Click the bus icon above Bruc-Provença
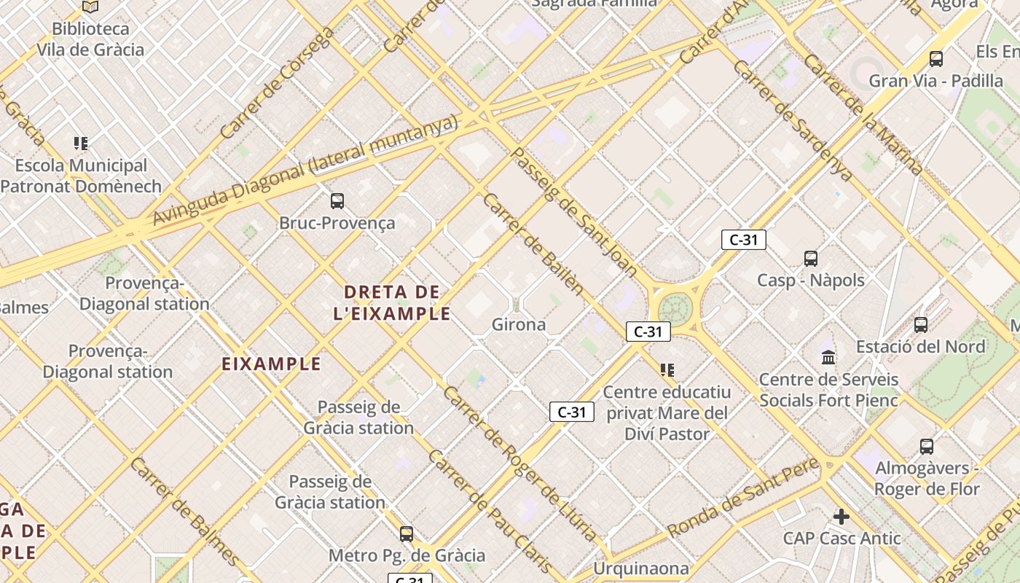tap(337, 200)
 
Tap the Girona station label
tap(519, 324)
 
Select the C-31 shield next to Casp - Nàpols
tap(743, 240)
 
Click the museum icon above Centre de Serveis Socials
tap(828, 357)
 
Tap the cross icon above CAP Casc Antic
tap(841, 517)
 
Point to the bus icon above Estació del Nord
tap(921, 324)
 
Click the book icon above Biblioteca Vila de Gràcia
tap(90, 7)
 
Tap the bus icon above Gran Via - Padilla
tap(936, 58)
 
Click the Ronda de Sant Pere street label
tap(743, 498)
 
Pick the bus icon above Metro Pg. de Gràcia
tap(407, 533)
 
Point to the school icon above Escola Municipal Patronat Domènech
tap(81, 144)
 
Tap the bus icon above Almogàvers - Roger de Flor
tap(927, 446)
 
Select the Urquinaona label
tap(641, 568)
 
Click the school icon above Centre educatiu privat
tap(667, 370)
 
